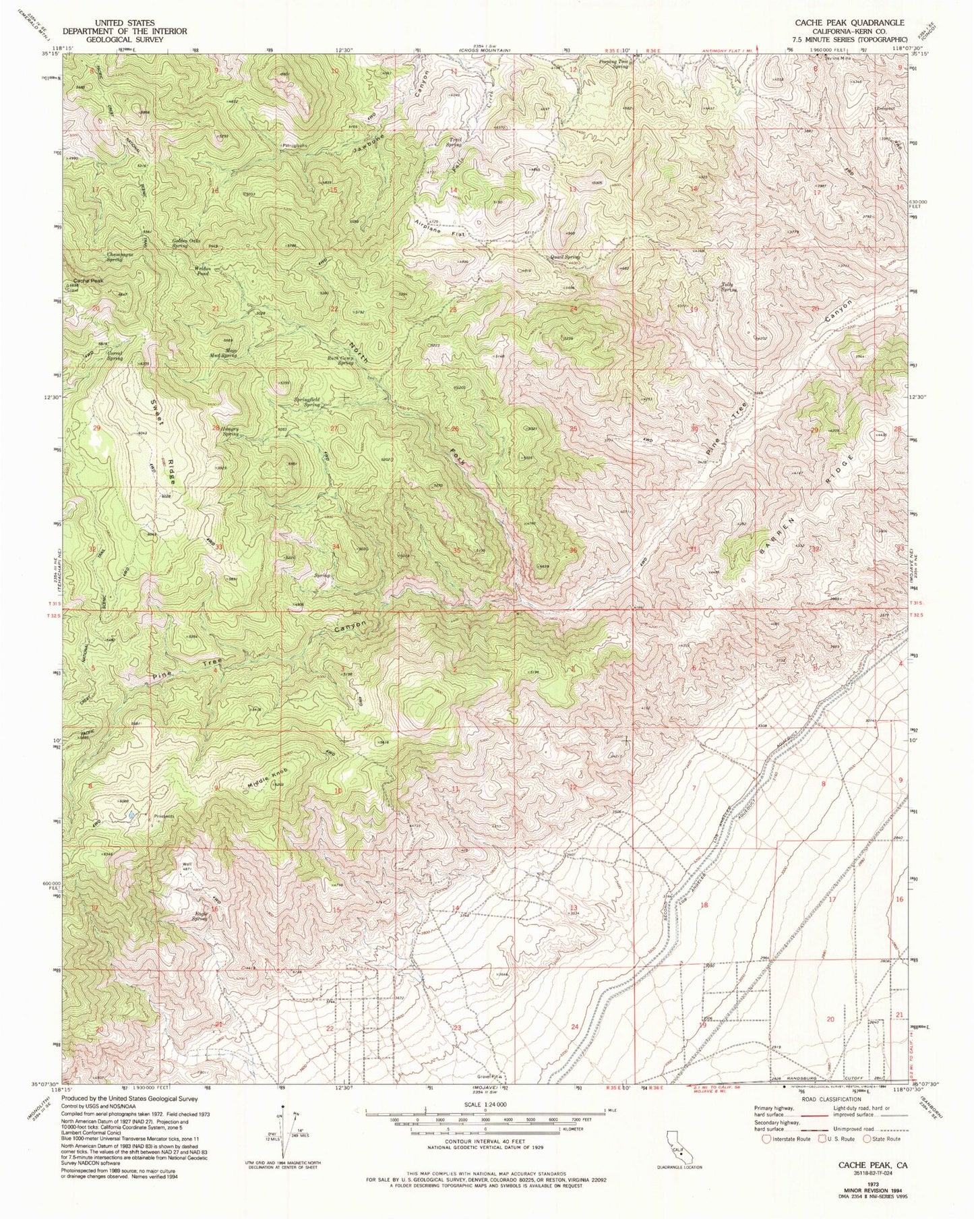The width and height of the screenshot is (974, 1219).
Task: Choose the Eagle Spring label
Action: (200, 915)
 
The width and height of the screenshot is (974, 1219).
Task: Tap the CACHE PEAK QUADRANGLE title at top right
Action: (849, 22)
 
